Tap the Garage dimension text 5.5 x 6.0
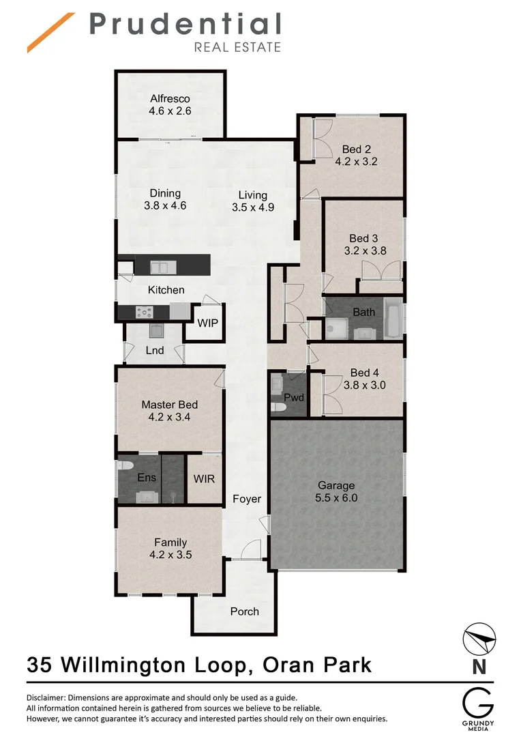click(337, 498)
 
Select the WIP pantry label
click(208, 323)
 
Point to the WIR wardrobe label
click(204, 478)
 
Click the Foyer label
click(246, 499)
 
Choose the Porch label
click(244, 611)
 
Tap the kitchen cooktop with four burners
click(145, 312)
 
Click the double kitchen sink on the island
click(160, 266)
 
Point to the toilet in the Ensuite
click(125, 466)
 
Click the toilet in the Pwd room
click(278, 407)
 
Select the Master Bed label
click(169, 405)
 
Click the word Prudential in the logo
click(185, 25)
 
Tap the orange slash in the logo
click(50, 32)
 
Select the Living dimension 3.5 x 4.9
click(252, 207)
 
